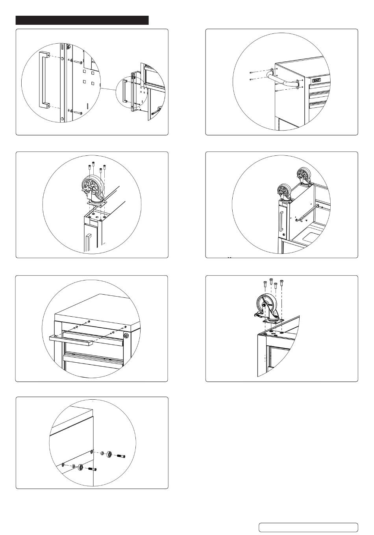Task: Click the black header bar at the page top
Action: click(82, 20)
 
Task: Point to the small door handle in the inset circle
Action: click(124, 91)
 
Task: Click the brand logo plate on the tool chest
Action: click(317, 80)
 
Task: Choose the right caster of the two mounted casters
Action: click(303, 174)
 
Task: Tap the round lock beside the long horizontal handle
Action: click(126, 336)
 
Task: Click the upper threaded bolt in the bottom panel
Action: click(121, 456)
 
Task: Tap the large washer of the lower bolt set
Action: click(81, 467)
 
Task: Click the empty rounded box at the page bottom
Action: click(308, 527)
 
